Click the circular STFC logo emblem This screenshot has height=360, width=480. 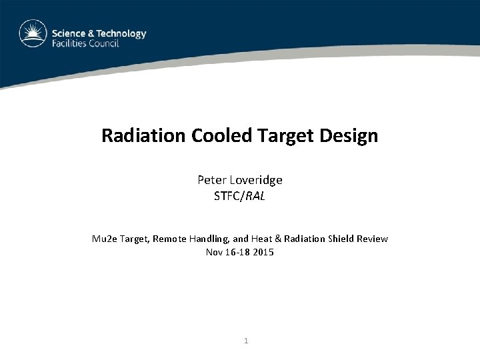point(33,34)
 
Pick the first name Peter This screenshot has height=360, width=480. point(211,180)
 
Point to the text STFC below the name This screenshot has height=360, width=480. point(227,196)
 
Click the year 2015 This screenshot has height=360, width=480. point(263,252)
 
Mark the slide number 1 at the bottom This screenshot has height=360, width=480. point(246,341)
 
